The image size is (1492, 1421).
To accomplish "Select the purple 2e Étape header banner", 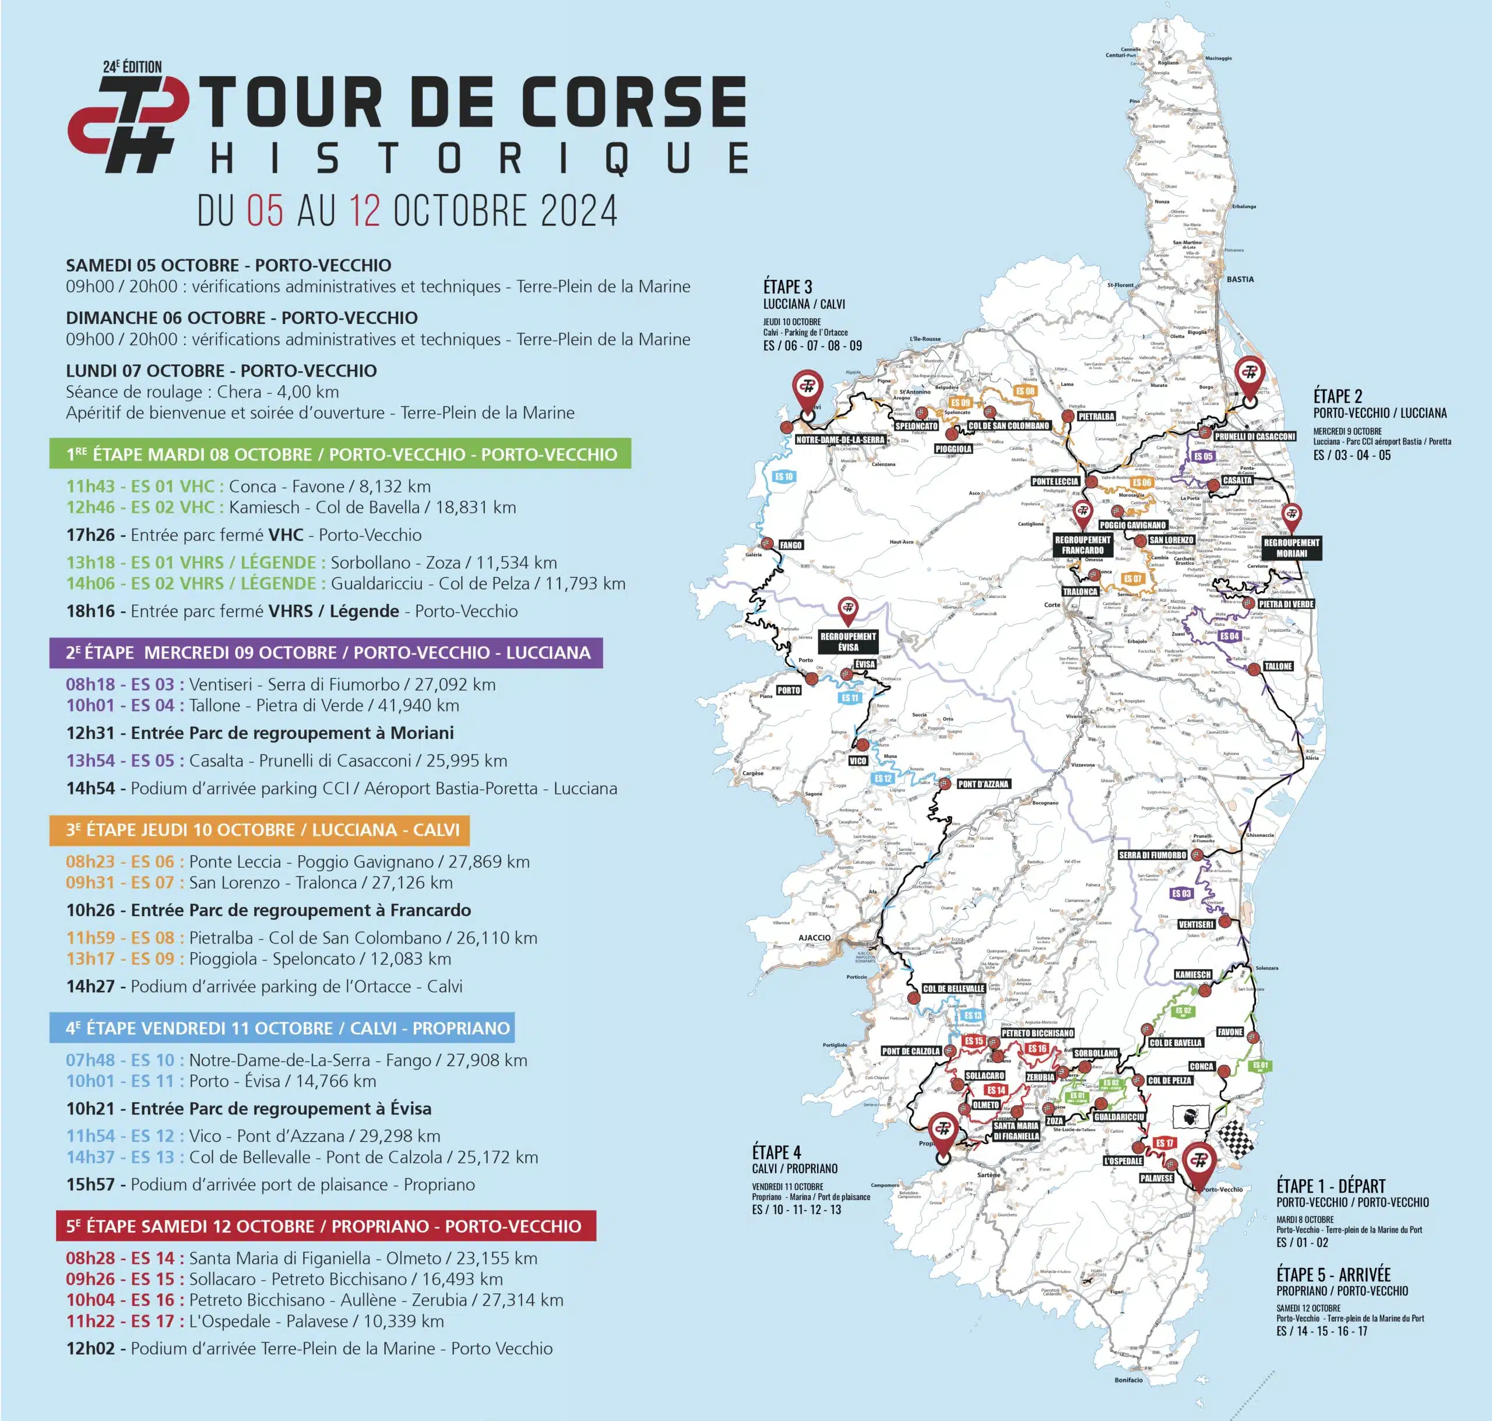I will tap(326, 652).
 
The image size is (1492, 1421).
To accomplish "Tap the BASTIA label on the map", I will tap(1240, 280).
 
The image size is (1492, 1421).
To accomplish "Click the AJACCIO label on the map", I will tap(814, 938).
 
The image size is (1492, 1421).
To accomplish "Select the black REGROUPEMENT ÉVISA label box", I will tap(847, 642).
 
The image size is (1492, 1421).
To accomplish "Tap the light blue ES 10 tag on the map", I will tap(783, 476).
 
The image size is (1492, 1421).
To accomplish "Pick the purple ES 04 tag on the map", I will tap(1229, 636).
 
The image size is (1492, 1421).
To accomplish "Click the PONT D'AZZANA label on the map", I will tap(983, 784).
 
